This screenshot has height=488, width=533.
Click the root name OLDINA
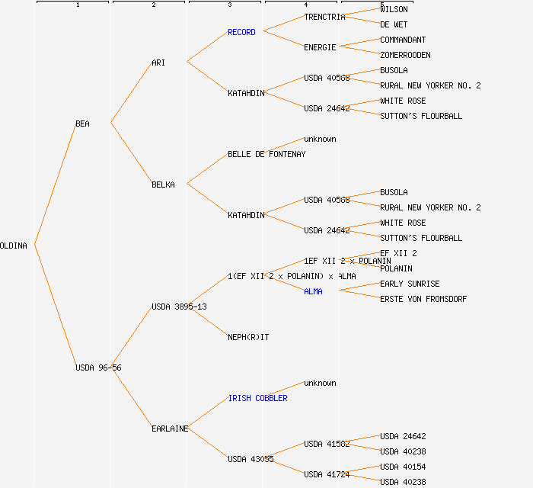coord(14,246)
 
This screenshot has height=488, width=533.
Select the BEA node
coord(82,124)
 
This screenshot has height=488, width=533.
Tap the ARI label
coord(158,63)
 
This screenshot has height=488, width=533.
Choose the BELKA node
coord(163,185)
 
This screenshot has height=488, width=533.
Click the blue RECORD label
coord(241,32)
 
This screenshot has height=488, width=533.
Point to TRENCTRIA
coord(324,17)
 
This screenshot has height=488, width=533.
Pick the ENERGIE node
coord(320,47)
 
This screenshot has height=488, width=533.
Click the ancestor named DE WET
coord(394,24)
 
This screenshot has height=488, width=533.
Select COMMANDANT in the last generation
coord(403,40)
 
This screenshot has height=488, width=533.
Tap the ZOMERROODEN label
coord(405,55)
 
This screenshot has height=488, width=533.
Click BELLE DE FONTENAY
coord(266,154)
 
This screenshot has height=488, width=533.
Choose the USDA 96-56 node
coord(98,368)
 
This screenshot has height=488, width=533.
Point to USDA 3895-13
coord(179,307)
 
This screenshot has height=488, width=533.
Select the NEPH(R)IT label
coord(248,337)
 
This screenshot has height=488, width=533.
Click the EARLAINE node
coord(170,429)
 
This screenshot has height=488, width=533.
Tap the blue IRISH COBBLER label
coord(257,398)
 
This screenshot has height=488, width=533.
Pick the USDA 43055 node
coord(251,459)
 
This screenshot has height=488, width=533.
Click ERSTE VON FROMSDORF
coord(423,299)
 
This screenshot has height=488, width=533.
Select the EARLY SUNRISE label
coord(410,284)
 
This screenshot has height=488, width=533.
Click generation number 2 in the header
coord(153,5)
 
